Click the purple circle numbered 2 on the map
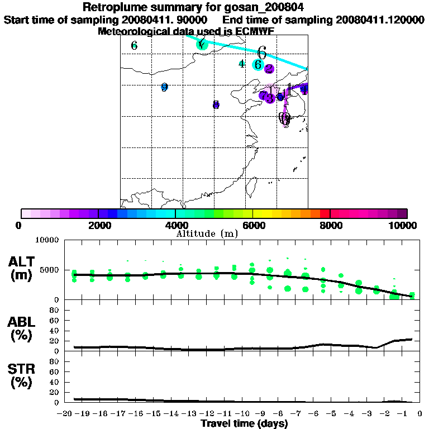pyautogui.click(x=269, y=69)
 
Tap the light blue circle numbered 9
pyautogui.click(x=164, y=87)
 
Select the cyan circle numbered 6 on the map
pyautogui.click(x=258, y=64)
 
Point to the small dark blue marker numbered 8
pyautogui.click(x=216, y=105)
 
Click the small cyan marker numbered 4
pyautogui.click(x=241, y=64)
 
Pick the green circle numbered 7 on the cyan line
pyautogui.click(x=202, y=44)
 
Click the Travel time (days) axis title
pyautogui.click(x=244, y=423)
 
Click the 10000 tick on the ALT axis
pyautogui.click(x=47, y=240)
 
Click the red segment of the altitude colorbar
pyautogui.click(x=325, y=213)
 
